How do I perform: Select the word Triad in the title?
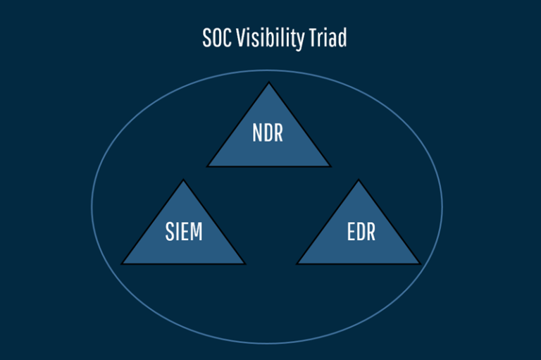(328, 37)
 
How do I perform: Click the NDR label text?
(268, 133)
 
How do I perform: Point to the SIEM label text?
(184, 232)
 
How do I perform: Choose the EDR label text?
(361, 232)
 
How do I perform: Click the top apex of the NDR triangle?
(269, 82)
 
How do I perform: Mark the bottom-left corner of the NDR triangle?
(208, 166)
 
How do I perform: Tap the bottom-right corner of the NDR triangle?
(330, 166)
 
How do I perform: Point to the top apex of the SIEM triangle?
(183, 180)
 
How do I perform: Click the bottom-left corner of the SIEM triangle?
(122, 264)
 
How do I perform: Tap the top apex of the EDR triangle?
(359, 180)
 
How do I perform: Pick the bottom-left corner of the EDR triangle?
(297, 264)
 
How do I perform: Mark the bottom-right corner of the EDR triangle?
(420, 264)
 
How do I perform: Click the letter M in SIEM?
(196, 232)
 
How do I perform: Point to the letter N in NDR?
(257, 133)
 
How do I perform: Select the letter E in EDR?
(352, 232)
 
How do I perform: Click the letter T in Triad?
(313, 37)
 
